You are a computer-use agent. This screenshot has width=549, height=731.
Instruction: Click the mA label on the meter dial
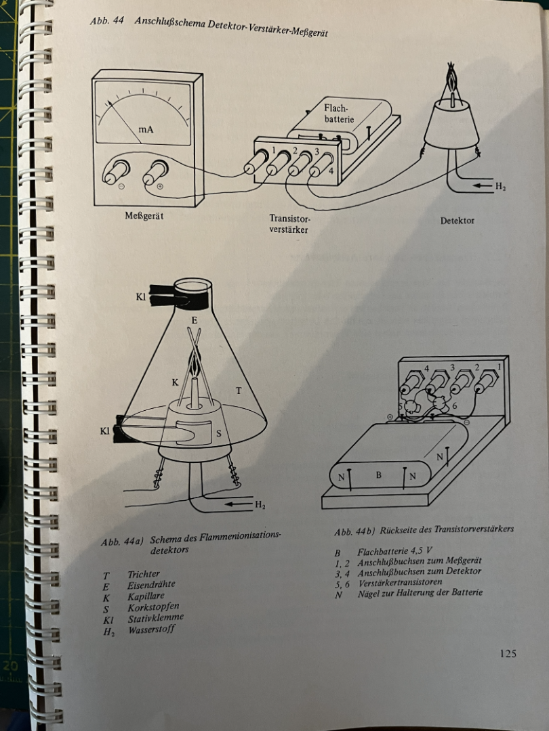[x=146, y=129]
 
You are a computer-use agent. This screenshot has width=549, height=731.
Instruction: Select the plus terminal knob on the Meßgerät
[x=155, y=171]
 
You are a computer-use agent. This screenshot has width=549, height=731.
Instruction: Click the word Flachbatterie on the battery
[x=339, y=113]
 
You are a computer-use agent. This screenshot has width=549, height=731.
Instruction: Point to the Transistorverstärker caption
[x=289, y=224]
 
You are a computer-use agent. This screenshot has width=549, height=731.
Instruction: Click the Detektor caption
[x=457, y=221]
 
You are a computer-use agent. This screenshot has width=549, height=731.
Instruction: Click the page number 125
[x=508, y=654]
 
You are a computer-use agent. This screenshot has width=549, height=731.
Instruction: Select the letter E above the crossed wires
[x=195, y=320]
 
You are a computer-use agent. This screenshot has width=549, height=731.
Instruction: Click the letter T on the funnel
[x=239, y=391]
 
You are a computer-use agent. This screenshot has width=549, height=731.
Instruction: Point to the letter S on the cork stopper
[x=218, y=435]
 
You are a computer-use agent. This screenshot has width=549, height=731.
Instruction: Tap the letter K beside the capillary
[x=175, y=382]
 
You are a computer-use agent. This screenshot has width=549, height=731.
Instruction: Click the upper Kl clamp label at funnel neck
[x=140, y=297]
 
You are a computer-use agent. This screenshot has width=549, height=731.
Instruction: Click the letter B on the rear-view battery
[x=379, y=475]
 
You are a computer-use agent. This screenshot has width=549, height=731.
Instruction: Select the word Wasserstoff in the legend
[x=151, y=629]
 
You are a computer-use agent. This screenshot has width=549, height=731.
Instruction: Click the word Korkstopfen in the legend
[x=153, y=607]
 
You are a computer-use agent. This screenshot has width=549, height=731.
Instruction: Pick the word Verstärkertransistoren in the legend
[x=400, y=582]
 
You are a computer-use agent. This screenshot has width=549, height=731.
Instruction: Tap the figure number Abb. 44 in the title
[x=107, y=20]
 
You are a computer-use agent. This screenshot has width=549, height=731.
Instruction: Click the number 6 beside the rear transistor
[x=454, y=406]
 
